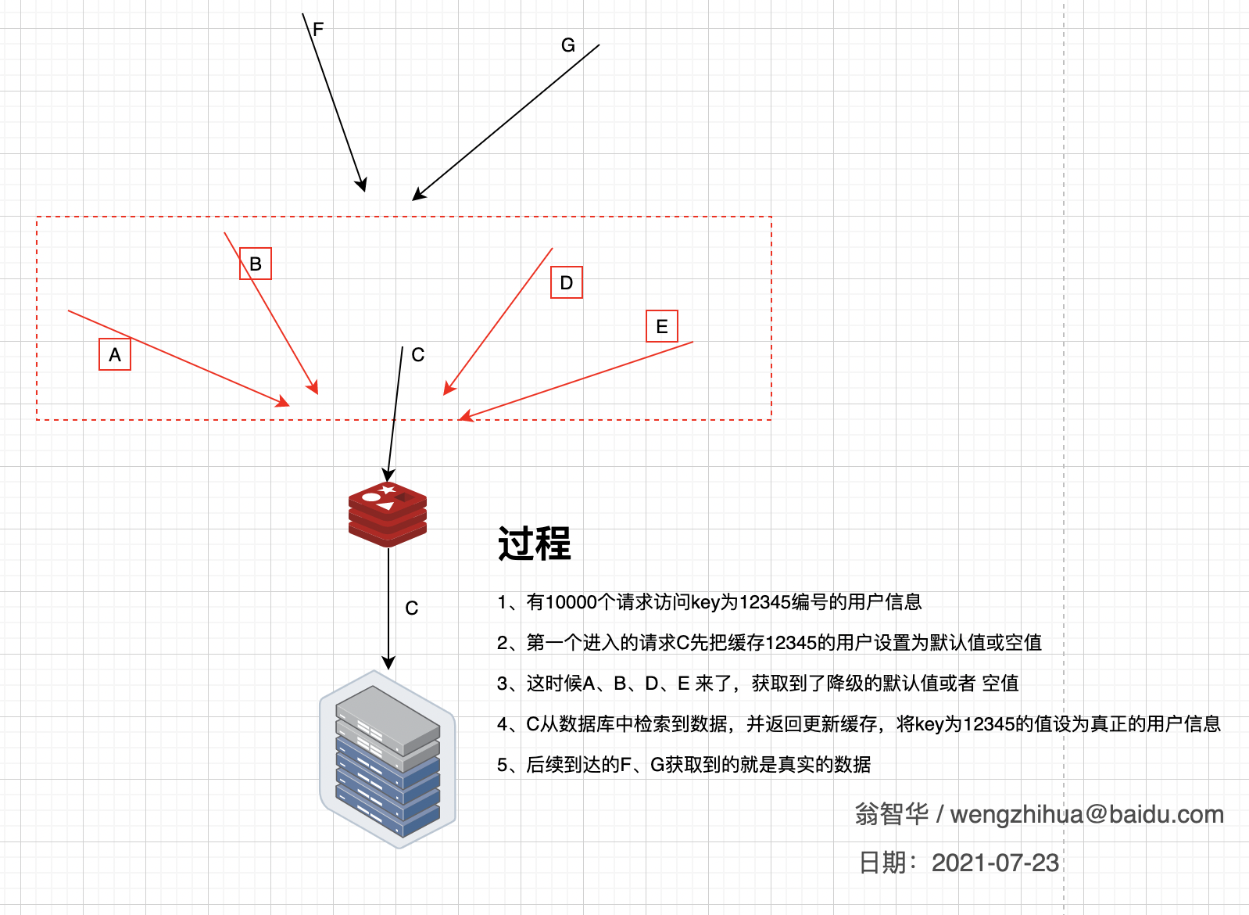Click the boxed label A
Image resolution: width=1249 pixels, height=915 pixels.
[x=115, y=354]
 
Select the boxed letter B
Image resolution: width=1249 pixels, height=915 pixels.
[x=256, y=264]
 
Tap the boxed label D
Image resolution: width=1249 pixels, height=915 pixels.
[x=567, y=282]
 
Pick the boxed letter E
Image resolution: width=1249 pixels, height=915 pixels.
[x=662, y=326]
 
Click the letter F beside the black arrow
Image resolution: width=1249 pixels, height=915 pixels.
[x=318, y=29]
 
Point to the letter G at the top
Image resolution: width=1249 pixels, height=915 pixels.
[x=567, y=45]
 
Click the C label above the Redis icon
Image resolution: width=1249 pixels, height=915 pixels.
[x=417, y=354]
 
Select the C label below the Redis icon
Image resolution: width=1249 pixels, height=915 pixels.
[x=411, y=608]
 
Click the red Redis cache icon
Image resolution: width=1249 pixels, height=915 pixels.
[x=388, y=514]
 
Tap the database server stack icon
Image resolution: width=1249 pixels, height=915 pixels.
[x=388, y=759]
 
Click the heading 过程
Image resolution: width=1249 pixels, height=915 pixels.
[x=534, y=544]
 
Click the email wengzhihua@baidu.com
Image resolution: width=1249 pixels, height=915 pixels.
[x=1086, y=814]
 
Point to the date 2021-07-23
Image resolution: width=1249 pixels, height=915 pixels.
[x=995, y=863]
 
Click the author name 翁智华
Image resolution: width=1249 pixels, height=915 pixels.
[x=892, y=814]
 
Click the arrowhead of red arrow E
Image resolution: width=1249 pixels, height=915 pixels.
[x=465, y=416]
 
